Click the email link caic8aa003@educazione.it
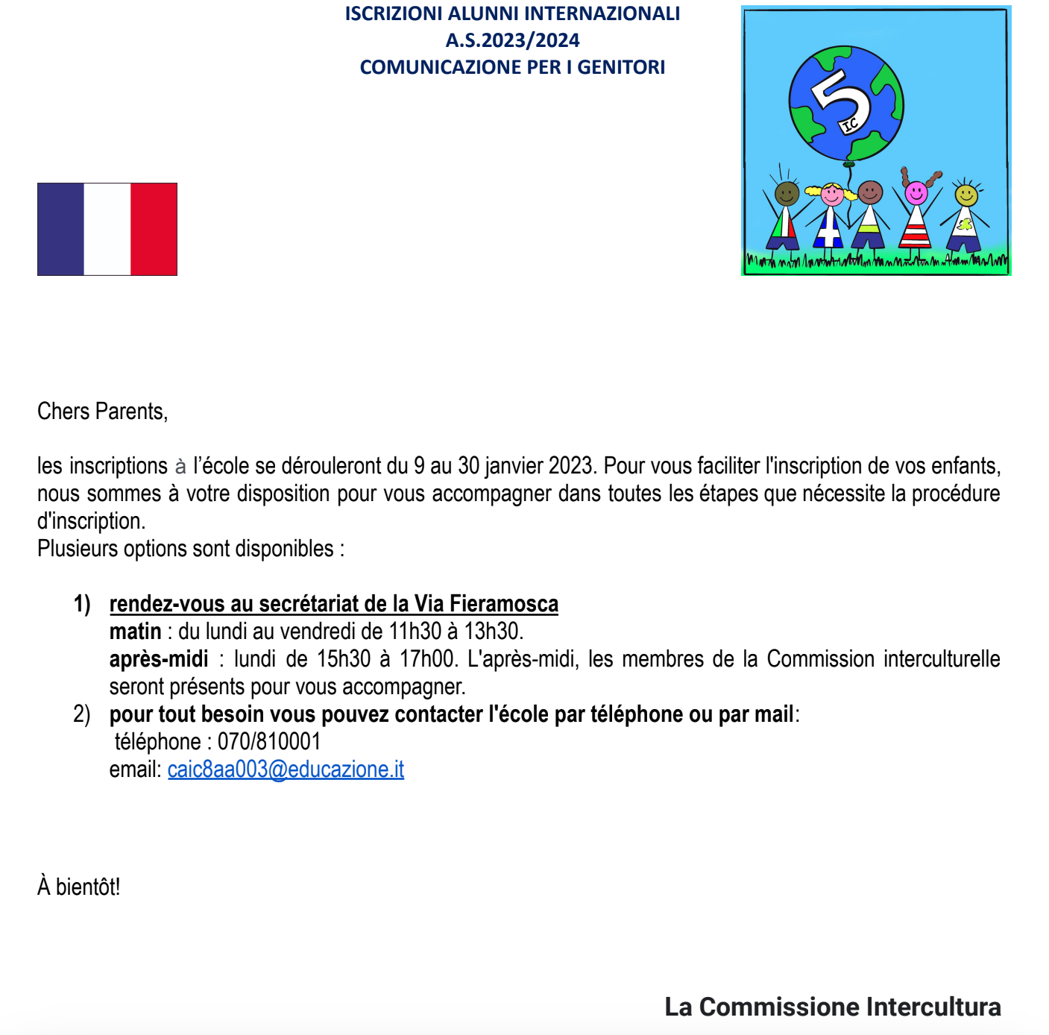[x=286, y=770]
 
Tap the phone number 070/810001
[x=269, y=742]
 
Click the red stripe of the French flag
[x=154, y=230]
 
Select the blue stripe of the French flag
[x=60, y=230]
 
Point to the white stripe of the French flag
[x=107, y=230]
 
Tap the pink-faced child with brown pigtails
[x=916, y=194]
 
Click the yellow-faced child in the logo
[x=966, y=196]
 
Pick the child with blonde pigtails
[x=831, y=196]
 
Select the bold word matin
[x=135, y=632]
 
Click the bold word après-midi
[x=159, y=659]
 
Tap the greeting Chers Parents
[x=102, y=412]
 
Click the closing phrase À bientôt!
[x=78, y=887]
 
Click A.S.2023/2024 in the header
[x=512, y=40]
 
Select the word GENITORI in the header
[x=621, y=67]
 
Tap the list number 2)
[x=81, y=714]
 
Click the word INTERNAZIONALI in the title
[x=602, y=13]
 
